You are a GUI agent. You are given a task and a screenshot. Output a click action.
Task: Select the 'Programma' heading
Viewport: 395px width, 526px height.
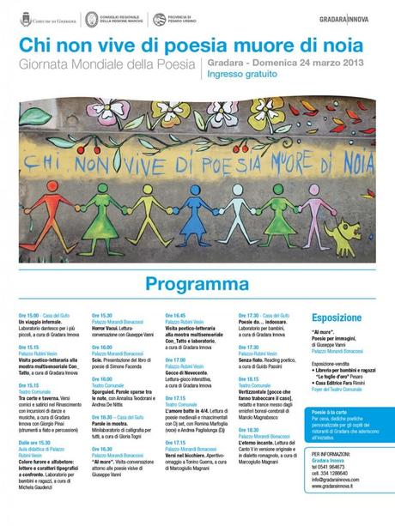(x=197, y=283)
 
